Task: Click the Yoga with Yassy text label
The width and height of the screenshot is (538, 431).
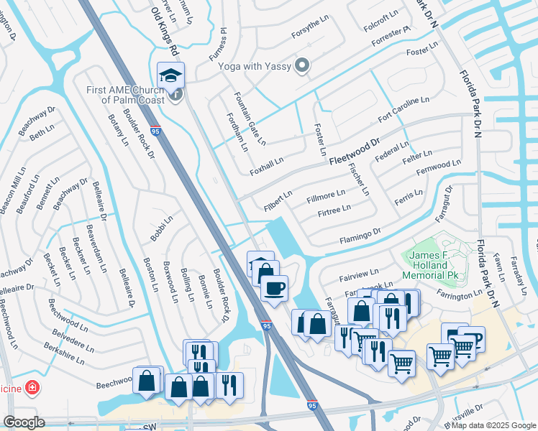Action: tap(255, 66)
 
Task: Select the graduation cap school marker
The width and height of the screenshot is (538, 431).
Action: tap(171, 75)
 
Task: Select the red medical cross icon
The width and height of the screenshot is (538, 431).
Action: tap(32, 389)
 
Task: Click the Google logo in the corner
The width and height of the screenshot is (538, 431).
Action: tap(24, 422)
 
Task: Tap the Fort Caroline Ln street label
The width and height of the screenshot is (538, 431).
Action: tap(404, 109)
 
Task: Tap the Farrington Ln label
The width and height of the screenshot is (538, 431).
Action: tap(459, 295)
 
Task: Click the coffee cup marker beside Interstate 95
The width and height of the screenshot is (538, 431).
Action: tap(275, 289)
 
